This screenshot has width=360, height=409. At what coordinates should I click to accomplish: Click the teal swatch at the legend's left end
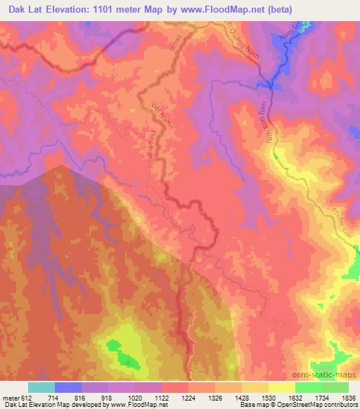coord(41,387)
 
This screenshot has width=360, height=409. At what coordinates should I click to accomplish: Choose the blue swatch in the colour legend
coord(68,387)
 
